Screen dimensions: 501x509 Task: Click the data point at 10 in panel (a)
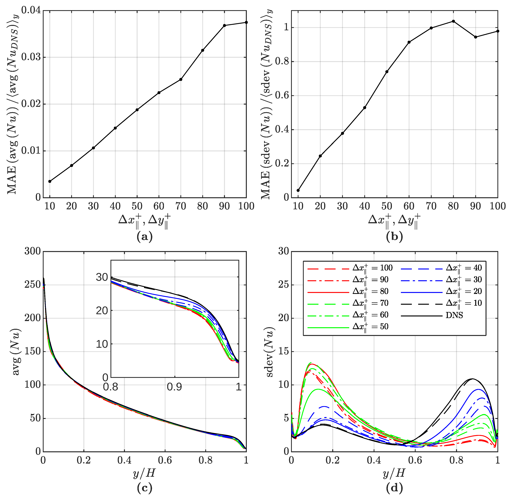click(50, 181)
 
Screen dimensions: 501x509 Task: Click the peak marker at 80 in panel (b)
click(453, 21)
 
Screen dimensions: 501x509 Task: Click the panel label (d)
click(394, 488)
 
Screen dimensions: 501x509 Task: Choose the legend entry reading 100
click(372, 268)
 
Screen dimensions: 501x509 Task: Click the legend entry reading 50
click(370, 327)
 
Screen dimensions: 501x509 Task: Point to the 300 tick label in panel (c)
click(33, 251)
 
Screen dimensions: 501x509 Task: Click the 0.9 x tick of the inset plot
click(175, 387)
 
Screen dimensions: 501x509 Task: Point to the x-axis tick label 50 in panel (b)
click(387, 206)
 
